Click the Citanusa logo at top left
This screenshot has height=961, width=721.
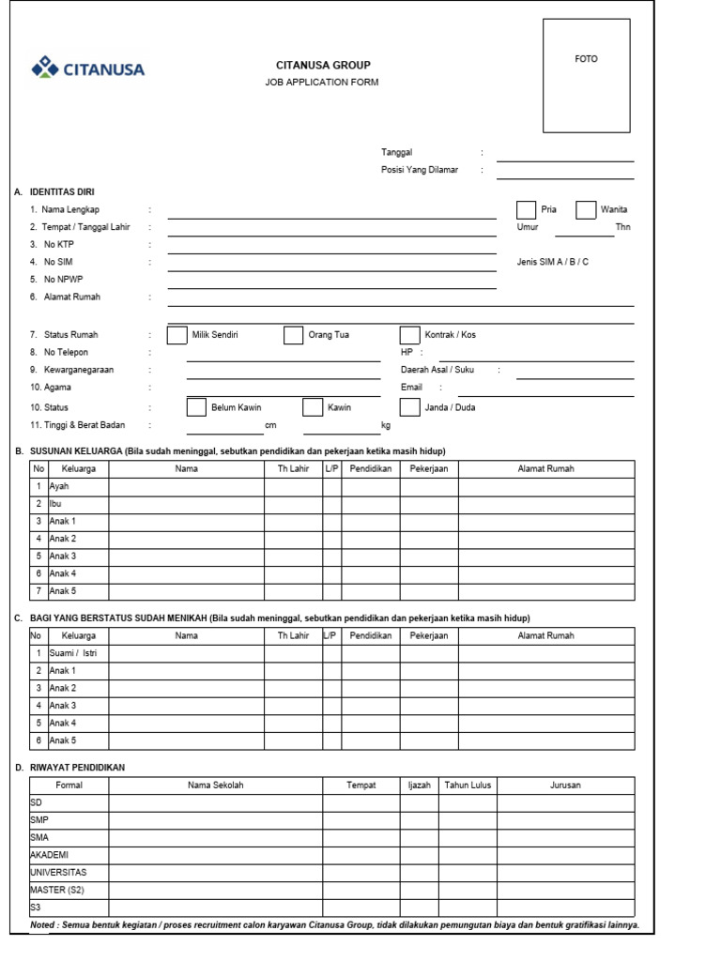(88, 69)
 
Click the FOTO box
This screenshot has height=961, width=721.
(586, 75)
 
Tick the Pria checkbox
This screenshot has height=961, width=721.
(527, 210)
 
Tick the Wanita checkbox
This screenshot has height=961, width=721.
(586, 210)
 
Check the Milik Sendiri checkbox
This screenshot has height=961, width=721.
(176, 335)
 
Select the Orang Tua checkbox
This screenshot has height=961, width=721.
(293, 335)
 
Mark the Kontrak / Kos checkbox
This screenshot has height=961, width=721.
(409, 335)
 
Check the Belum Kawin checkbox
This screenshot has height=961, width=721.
(196, 407)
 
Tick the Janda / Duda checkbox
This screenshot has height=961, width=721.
(409, 407)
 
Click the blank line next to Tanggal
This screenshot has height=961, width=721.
(565, 158)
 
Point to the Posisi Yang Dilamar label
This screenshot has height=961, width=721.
(420, 170)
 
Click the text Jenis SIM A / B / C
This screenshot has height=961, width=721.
(553, 262)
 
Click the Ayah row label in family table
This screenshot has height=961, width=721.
(59, 487)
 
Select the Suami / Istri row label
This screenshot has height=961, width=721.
(72, 653)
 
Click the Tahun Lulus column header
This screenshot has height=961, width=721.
(468, 786)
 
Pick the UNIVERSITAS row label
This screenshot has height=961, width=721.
(58, 873)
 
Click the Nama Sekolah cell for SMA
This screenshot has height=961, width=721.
(215, 837)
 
